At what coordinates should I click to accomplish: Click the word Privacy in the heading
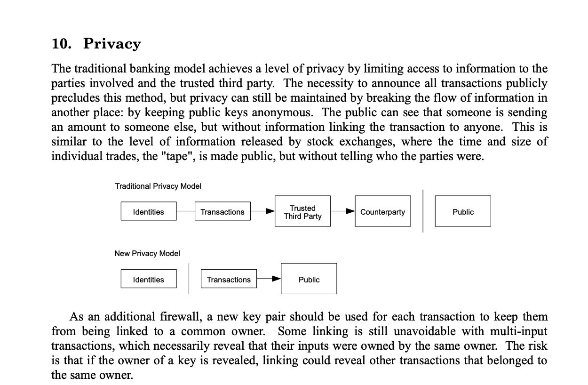112,44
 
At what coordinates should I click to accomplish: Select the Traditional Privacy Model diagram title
158,186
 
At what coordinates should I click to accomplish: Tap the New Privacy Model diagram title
147,253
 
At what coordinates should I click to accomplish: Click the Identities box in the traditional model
149,211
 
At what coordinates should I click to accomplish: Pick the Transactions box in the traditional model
222,211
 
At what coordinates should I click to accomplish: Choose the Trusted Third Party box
302,211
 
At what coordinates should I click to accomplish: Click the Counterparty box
382,211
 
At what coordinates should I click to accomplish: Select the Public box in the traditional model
463,211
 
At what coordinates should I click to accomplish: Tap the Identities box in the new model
149,279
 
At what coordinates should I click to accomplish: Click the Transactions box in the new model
229,279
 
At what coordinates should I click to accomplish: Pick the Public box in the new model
309,279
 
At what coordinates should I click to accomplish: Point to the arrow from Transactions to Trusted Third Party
263,211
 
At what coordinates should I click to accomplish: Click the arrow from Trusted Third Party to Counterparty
343,211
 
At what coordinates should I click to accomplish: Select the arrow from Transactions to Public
269,279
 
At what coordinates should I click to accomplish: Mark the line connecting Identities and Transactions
186,211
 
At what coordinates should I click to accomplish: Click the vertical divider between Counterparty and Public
423,211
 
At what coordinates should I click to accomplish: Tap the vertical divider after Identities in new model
189,279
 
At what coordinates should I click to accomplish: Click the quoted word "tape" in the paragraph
177,156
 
